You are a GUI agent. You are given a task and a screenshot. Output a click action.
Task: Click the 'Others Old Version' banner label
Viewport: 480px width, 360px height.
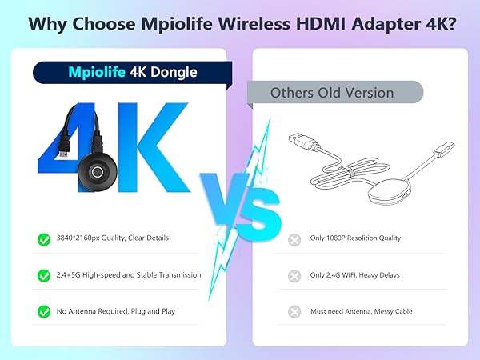pyautogui.click(x=331, y=92)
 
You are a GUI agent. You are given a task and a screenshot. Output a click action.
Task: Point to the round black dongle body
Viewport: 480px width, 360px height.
pyautogui.click(x=98, y=171)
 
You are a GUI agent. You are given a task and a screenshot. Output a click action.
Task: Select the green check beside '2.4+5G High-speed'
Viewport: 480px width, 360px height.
pyautogui.click(x=44, y=274)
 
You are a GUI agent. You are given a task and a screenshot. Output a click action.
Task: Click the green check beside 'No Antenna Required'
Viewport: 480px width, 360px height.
pyautogui.click(x=44, y=311)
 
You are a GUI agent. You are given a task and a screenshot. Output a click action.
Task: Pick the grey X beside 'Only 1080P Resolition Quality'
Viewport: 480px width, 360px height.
pyautogui.click(x=295, y=238)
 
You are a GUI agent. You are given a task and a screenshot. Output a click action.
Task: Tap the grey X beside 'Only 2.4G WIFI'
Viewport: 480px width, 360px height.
pyautogui.click(x=295, y=274)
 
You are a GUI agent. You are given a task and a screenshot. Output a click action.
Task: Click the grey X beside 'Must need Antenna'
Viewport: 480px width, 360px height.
pyautogui.click(x=295, y=311)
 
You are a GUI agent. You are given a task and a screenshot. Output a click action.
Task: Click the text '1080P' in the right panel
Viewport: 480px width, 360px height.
pyautogui.click(x=339, y=238)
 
